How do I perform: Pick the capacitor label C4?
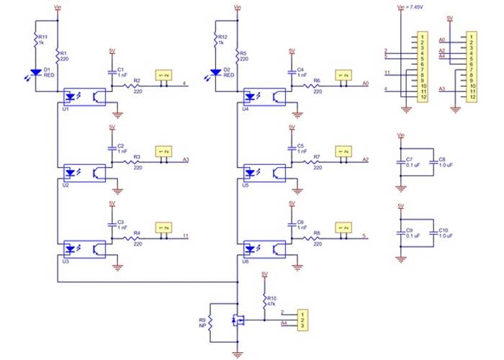point(300,69)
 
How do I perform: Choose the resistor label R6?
point(317,80)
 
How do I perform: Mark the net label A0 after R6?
point(365,84)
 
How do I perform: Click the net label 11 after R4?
point(186,236)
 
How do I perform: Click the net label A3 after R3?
point(186,160)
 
